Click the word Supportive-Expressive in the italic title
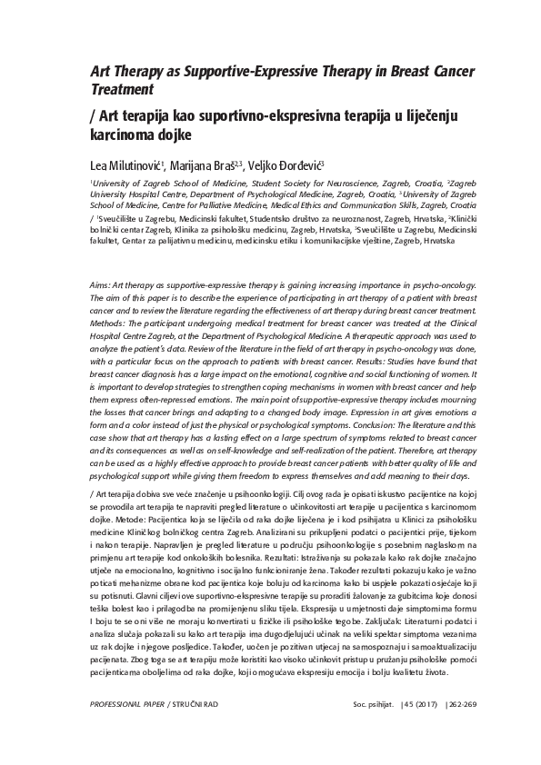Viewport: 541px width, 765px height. point(237,70)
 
